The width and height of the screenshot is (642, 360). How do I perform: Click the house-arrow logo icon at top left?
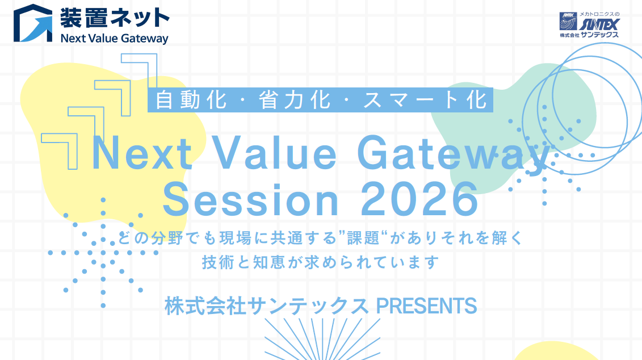coord(33,23)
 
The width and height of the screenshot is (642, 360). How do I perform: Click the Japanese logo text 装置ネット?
coord(115,18)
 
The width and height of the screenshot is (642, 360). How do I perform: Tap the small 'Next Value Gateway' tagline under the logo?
coord(115,39)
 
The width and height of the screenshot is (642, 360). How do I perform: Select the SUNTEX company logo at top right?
coord(589,24)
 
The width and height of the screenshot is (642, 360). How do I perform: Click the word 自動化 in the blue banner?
coord(191,100)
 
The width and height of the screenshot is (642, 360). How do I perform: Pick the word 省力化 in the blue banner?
coord(295,100)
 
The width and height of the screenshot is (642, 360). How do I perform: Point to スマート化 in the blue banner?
coord(425,100)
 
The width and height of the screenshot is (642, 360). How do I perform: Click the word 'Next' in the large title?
coord(142,153)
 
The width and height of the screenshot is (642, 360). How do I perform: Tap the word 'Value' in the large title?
coord(275,153)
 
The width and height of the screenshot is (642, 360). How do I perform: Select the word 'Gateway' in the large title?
coord(455,156)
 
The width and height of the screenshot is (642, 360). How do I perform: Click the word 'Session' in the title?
coord(250,199)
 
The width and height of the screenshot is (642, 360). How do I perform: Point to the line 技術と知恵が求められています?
coord(321,262)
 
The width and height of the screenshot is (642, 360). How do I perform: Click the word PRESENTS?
coord(426,306)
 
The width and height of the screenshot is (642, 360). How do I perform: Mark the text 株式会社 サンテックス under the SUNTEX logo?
coord(589,35)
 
